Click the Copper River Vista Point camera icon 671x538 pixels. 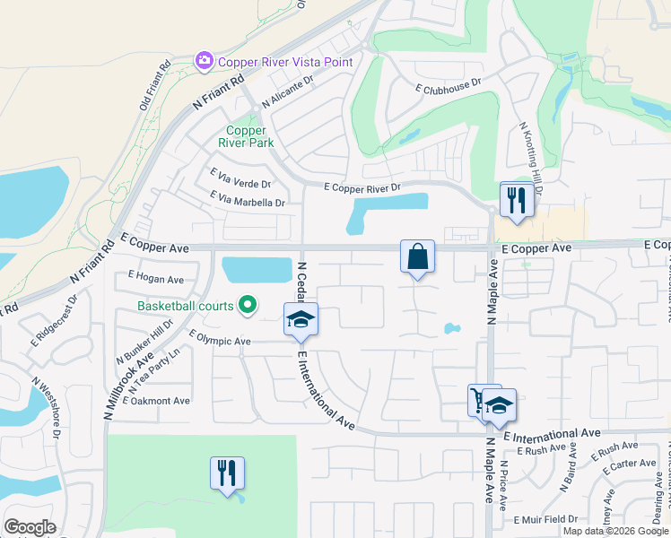[x=205, y=62]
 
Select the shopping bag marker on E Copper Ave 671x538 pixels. [x=418, y=256]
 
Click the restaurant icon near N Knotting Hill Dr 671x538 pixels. [x=516, y=200]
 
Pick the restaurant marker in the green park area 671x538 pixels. [x=228, y=473]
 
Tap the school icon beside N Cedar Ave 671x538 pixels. [x=301, y=320]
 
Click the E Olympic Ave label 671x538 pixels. [x=220, y=342]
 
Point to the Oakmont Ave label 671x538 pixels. [x=160, y=401]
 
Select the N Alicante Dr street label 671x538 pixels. [x=286, y=92]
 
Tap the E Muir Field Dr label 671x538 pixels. [x=547, y=519]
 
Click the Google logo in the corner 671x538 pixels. [x=30, y=527]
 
